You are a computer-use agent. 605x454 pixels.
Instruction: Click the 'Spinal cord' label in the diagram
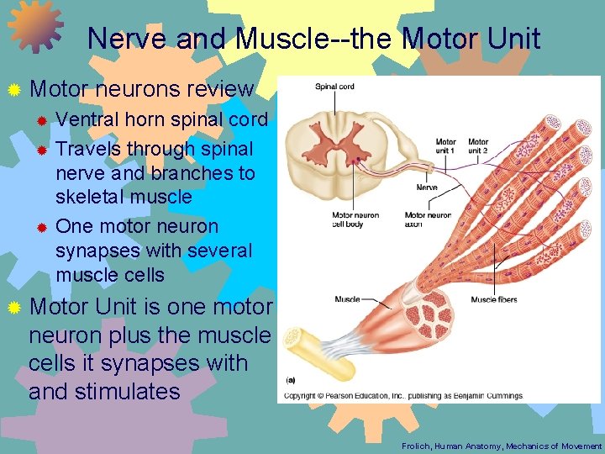[x=334, y=87]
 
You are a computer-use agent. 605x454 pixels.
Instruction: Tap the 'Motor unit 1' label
[x=446, y=146]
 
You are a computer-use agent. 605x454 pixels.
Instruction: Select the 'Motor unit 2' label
[x=478, y=146]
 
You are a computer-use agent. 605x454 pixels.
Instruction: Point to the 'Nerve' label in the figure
[x=427, y=187]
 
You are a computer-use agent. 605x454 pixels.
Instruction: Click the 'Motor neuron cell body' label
[x=355, y=219]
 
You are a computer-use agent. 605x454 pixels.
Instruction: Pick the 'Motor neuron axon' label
[x=428, y=219]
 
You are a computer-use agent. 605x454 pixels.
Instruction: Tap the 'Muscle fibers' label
[x=493, y=299]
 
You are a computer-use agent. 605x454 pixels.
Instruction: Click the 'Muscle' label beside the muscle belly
[x=347, y=299]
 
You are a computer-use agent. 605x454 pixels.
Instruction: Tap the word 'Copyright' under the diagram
[x=301, y=395]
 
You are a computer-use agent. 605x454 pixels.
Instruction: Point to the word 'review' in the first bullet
[x=222, y=88]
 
